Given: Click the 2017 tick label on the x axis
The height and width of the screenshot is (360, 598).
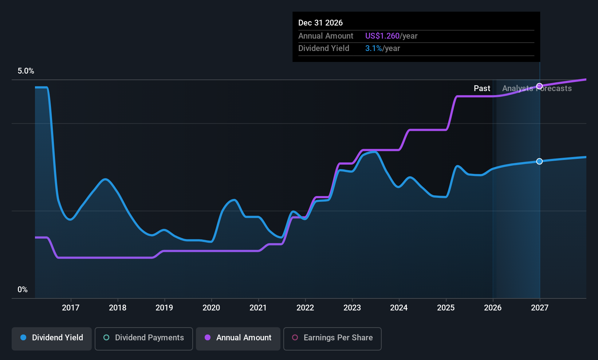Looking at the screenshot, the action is pos(71,308).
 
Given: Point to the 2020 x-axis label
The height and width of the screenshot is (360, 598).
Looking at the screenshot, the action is pos(211,308).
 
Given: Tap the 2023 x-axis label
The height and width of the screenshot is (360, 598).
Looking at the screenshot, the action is pos(352,308).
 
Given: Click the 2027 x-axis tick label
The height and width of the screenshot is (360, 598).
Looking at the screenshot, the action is pos(539,308).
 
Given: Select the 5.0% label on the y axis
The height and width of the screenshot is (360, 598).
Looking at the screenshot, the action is pos(26,71).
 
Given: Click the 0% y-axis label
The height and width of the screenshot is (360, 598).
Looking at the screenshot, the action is pos(23,290).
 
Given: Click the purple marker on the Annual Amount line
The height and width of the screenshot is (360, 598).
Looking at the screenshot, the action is pos(539,86).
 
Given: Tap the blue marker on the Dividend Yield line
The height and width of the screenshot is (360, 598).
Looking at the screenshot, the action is pos(539,161).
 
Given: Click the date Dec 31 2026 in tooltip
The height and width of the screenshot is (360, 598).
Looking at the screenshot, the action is pos(320,23).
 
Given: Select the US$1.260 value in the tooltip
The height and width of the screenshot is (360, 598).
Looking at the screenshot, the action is pos(382,36).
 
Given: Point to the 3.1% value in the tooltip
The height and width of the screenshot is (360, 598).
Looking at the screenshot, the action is pos(374,48).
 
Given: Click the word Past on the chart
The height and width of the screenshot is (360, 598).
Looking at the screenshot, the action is pos(482,89).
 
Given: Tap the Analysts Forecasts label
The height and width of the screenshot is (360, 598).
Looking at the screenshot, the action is pos(537,89).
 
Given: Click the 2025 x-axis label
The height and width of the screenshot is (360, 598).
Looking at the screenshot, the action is pos(446,308).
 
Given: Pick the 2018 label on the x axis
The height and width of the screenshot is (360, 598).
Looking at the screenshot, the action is pos(118,308).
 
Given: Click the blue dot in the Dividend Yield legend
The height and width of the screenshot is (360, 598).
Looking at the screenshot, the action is pos(24,337).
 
